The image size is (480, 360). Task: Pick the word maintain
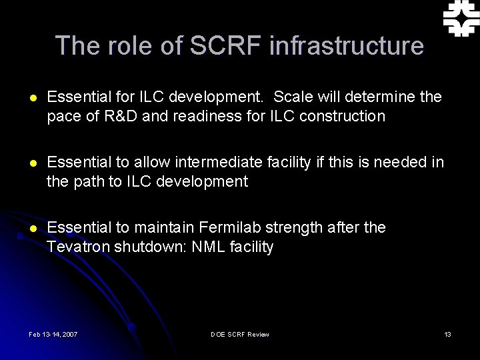169,228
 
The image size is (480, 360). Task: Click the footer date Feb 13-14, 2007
53,334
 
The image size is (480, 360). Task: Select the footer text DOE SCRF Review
239,334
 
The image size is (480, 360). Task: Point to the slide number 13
447,334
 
